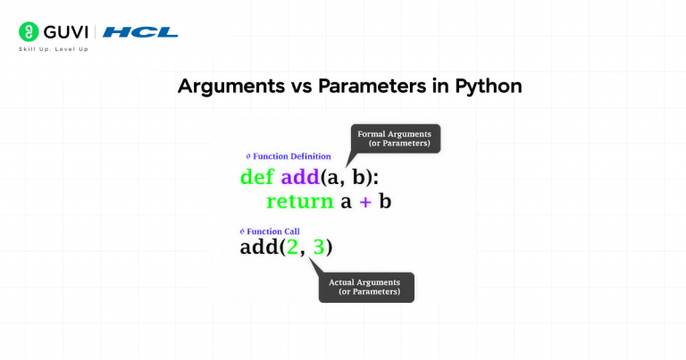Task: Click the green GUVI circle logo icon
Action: pyautogui.click(x=29, y=32)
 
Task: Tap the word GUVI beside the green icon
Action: pyautogui.click(x=65, y=32)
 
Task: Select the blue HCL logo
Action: pyautogui.click(x=140, y=32)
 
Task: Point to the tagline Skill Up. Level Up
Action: pyautogui.click(x=54, y=49)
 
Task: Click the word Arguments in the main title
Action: pyautogui.click(x=231, y=86)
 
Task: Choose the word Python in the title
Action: pyautogui.click(x=489, y=87)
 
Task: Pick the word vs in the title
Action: pyautogui.click(x=301, y=87)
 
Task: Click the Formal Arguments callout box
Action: pyautogui.click(x=396, y=138)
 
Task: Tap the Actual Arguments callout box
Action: pyautogui.click(x=366, y=288)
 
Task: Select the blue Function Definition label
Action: pyautogui.click(x=289, y=156)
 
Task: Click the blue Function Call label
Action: pyautogui.click(x=270, y=231)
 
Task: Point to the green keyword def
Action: pyautogui.click(x=257, y=177)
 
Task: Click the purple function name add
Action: pyautogui.click(x=300, y=177)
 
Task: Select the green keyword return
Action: pyautogui.click(x=300, y=202)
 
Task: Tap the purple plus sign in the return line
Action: pyautogui.click(x=364, y=202)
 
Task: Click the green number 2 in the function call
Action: pyautogui.click(x=292, y=247)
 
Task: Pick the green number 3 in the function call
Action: pyautogui.click(x=319, y=247)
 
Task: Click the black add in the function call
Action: pyautogui.click(x=259, y=247)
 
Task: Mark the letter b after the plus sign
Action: pyautogui.click(x=385, y=201)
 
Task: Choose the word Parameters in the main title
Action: pyautogui.click(x=372, y=86)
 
